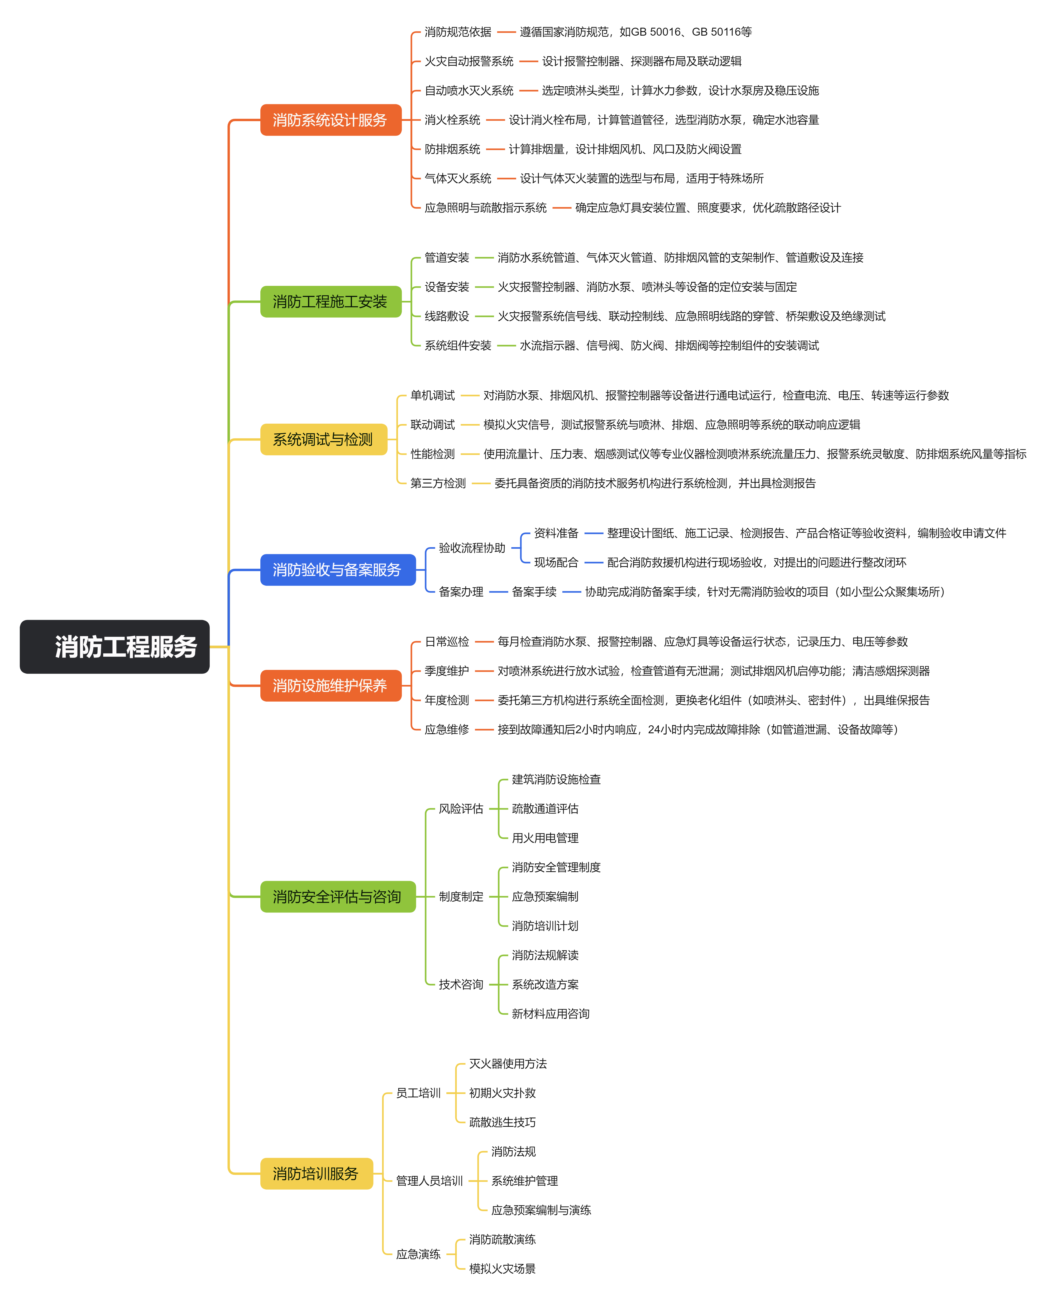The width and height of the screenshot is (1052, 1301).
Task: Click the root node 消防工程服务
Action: tap(114, 646)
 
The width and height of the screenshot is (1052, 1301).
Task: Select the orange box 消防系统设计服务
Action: tap(331, 120)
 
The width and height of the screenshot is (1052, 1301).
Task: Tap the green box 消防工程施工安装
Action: tap(331, 301)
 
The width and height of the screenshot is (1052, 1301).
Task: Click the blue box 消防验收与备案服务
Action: tap(338, 570)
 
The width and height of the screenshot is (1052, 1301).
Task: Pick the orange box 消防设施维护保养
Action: tap(331, 686)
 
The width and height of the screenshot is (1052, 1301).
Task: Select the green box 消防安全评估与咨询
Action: tap(338, 897)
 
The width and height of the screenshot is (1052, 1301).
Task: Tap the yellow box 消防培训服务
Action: tap(316, 1174)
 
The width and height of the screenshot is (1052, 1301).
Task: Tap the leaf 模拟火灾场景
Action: tap(502, 1269)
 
